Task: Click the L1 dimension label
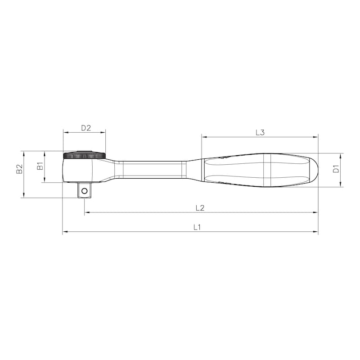point(197,227)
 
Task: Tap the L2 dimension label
point(200,208)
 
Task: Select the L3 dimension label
point(260,132)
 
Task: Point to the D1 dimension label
point(335,169)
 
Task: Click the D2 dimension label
point(86,128)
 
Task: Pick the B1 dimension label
point(40,166)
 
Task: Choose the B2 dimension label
point(19,169)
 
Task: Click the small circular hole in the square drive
point(84,191)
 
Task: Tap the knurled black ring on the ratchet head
point(85,155)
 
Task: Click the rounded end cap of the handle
point(313,170)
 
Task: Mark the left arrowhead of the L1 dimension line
point(64,232)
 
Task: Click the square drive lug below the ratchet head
point(84,189)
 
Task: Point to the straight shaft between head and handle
point(153,170)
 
